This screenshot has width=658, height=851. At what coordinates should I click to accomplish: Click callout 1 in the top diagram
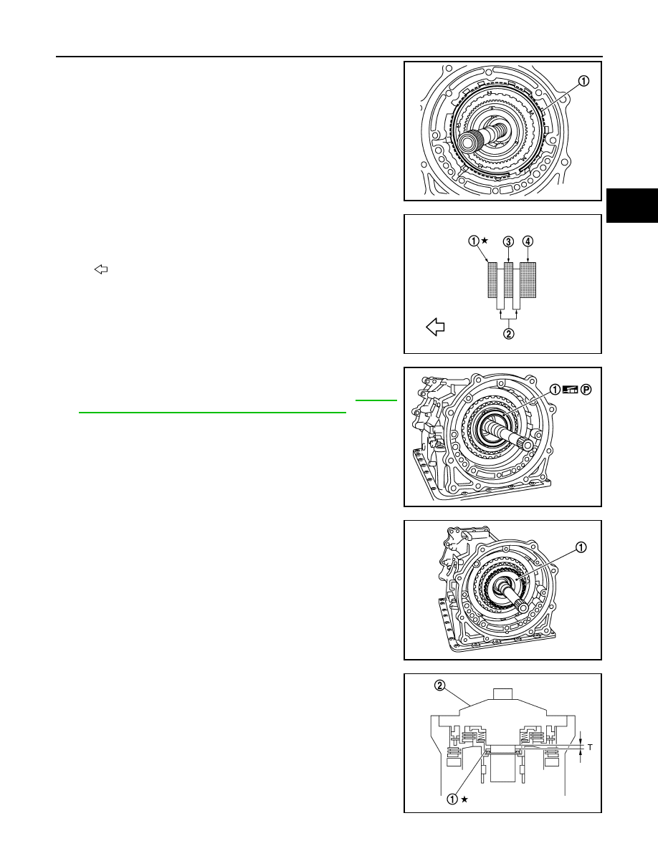(583, 82)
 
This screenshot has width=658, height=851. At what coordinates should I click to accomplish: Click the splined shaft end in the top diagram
(467, 143)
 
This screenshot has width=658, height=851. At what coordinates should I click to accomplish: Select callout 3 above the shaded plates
(508, 241)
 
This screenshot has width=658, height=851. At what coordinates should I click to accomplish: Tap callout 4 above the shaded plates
(528, 241)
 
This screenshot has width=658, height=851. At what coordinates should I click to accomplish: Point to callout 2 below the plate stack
(509, 334)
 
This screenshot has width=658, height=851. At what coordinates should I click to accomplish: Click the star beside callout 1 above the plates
(485, 240)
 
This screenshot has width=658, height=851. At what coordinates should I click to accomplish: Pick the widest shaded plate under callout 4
(528, 280)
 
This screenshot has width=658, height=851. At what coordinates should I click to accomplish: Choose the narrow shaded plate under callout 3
(509, 280)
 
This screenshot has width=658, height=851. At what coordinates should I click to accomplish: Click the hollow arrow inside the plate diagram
(435, 327)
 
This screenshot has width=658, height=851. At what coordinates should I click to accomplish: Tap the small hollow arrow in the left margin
(101, 269)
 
